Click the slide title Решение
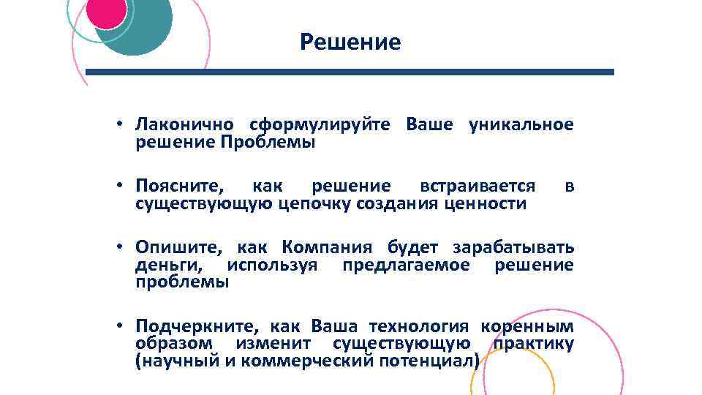tap(350, 42)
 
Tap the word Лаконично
tap(184, 124)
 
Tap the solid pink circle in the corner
tap(107, 11)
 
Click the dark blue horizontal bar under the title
tap(350, 72)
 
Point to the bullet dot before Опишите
tap(118, 247)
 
